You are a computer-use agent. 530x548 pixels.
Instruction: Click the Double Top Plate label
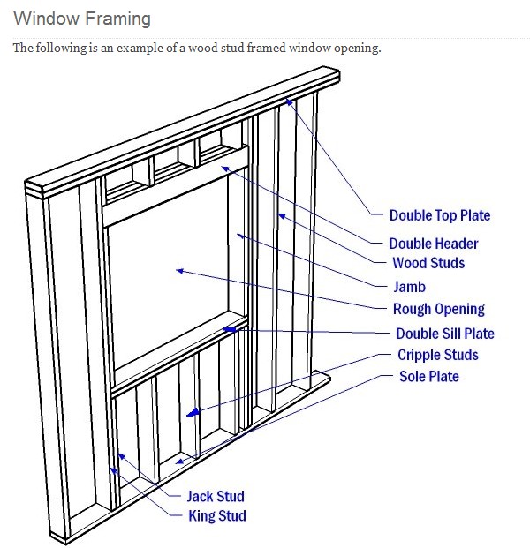439,215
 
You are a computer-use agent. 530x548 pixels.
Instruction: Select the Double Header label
433,244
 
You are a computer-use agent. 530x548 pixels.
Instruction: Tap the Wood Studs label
428,263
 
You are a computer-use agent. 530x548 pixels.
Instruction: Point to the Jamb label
409,287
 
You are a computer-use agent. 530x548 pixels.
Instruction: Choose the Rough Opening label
438,309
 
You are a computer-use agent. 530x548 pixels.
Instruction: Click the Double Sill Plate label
444,334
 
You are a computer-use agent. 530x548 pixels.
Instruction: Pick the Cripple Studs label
437,355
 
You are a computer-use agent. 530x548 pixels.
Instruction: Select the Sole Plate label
429,377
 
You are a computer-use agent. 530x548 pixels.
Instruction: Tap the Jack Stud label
215,497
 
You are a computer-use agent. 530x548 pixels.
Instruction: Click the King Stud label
216,516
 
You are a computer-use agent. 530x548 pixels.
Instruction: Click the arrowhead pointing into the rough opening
178,271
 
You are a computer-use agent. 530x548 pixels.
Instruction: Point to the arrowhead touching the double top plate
287,101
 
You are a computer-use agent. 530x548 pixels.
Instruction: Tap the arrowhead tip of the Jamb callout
238,234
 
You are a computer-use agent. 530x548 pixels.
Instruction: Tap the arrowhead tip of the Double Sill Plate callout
226,329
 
